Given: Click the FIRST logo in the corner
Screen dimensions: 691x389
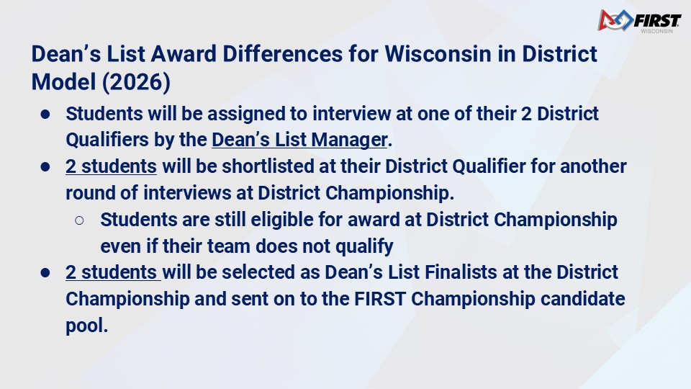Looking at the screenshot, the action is [x=639, y=21].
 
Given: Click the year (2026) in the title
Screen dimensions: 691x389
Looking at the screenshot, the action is [x=136, y=82].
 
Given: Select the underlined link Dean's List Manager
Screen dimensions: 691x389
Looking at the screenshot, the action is [x=299, y=140].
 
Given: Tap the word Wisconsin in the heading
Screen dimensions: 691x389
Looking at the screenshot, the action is [x=438, y=54].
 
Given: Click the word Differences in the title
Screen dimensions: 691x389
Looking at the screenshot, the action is [x=282, y=54].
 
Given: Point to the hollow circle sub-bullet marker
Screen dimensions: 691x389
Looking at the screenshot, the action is [x=79, y=220].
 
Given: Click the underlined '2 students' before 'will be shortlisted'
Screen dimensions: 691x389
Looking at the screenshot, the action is [x=111, y=166].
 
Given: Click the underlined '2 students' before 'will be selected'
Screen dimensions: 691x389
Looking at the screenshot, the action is [x=113, y=272].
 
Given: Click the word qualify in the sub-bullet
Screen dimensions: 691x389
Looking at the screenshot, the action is [x=364, y=246].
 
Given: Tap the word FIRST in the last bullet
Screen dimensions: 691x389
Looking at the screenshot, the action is [x=380, y=298].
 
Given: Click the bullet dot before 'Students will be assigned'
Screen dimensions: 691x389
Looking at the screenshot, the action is [x=45, y=115].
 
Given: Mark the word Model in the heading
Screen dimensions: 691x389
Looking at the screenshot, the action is [x=63, y=82].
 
